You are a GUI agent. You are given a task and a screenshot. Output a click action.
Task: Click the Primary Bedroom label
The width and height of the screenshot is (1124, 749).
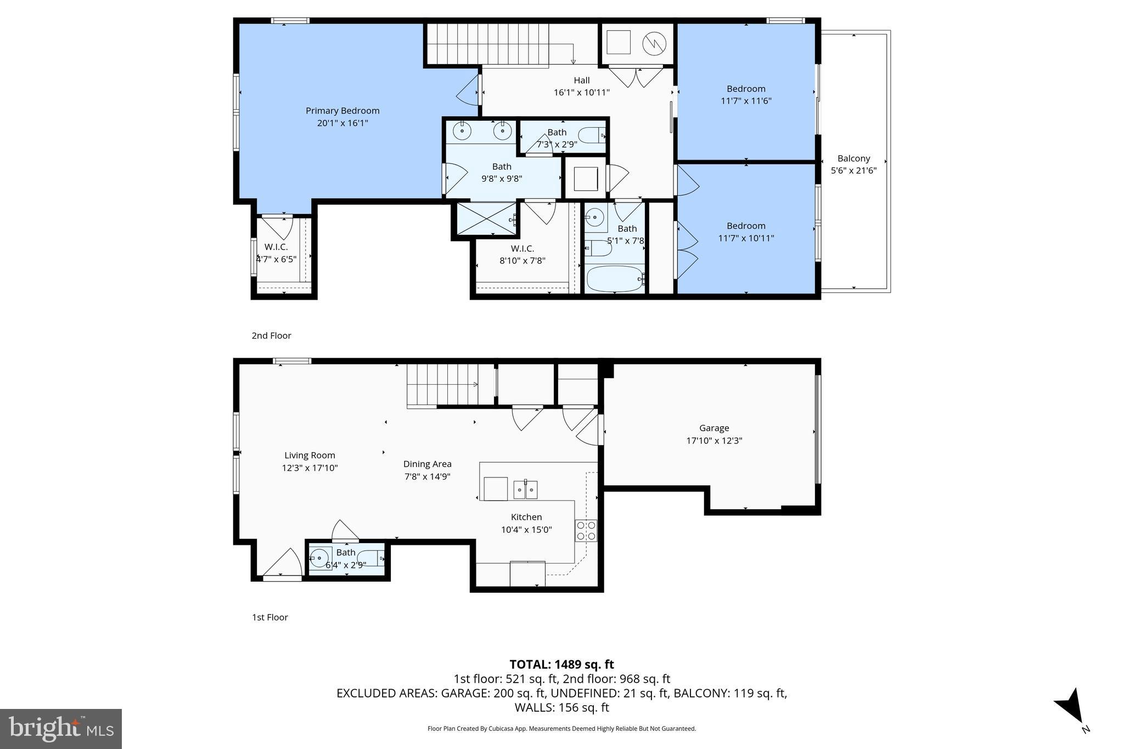[342, 110]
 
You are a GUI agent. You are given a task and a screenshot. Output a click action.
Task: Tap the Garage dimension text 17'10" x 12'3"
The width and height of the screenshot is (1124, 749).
[714, 440]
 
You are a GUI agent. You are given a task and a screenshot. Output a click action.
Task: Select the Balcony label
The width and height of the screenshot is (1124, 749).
[853, 158]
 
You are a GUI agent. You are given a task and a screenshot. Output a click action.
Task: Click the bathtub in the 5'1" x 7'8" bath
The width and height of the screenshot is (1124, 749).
[614, 279]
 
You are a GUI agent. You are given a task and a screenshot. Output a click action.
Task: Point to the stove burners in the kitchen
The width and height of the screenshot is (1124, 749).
[586, 530]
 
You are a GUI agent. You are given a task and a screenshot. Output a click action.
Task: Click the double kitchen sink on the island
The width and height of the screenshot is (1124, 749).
[525, 489]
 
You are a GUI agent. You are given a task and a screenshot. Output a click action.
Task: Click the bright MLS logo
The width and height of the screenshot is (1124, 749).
[60, 729]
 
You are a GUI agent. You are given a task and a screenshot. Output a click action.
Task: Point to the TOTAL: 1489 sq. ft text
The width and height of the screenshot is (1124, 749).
[561, 664]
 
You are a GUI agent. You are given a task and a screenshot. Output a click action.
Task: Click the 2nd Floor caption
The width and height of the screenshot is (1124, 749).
[271, 335]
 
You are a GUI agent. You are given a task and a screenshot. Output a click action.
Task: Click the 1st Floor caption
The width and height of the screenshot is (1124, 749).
[269, 617]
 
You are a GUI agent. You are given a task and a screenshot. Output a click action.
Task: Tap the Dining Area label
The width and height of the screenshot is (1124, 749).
[427, 464]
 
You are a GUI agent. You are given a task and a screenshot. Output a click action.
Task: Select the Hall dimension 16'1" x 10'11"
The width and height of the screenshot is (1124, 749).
[582, 92]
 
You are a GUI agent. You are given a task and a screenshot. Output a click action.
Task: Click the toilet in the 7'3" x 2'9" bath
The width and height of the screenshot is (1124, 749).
[592, 135]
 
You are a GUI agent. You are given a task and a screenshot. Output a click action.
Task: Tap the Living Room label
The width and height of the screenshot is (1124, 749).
[310, 455]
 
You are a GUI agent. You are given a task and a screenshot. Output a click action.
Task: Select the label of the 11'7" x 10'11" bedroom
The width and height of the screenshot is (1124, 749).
[746, 226]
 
